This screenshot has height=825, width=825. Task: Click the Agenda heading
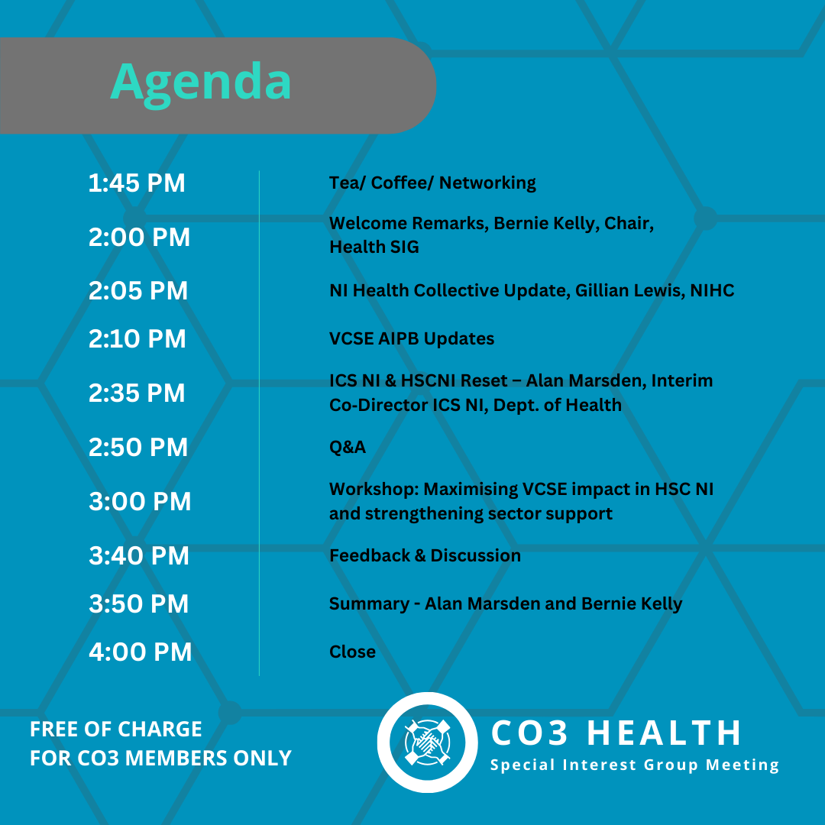tap(200, 83)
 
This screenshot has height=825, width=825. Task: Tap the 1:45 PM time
tap(137, 183)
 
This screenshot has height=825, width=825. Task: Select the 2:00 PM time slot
tap(139, 238)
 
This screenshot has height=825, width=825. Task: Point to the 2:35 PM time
tap(137, 393)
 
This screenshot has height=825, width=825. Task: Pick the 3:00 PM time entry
tap(140, 501)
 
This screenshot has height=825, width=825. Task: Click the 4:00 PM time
tap(141, 652)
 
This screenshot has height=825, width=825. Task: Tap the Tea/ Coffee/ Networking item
tap(432, 183)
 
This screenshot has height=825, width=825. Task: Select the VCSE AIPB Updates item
tap(412, 339)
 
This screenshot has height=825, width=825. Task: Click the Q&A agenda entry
tap(348, 447)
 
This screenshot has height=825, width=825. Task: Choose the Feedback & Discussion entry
tap(425, 555)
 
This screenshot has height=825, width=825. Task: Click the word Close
tap(352, 652)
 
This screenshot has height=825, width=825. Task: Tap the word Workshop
tap(374, 490)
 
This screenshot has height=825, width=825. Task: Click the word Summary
tap(370, 604)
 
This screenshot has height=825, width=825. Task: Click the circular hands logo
tap(427, 742)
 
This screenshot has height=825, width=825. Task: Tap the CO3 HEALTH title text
tap(616, 733)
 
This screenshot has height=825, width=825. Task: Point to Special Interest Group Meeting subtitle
tap(635, 765)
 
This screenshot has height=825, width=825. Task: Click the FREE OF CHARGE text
tap(116, 730)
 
